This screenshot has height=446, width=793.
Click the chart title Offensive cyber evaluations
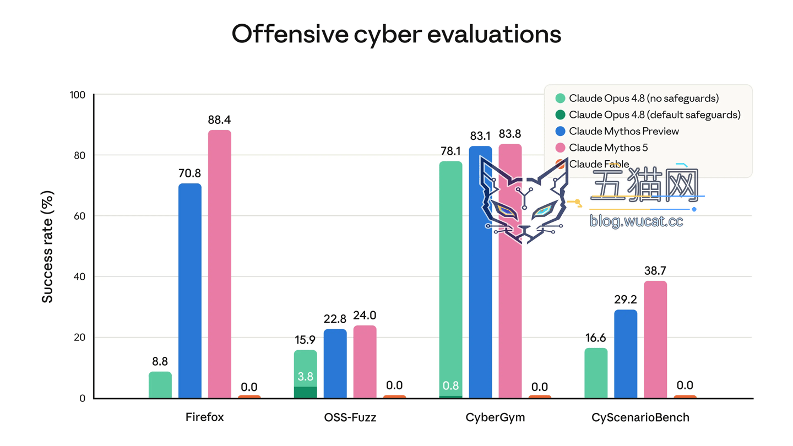(396, 34)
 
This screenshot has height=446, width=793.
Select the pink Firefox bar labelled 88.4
(220, 264)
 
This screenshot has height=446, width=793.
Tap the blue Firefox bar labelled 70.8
(190, 291)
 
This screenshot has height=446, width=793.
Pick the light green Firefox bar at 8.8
(160, 385)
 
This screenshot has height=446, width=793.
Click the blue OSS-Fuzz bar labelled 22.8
(335, 364)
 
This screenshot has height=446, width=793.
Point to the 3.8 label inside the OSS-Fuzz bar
(305, 376)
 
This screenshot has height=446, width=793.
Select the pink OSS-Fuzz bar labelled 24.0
(365, 362)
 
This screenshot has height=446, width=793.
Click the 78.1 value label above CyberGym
(450, 151)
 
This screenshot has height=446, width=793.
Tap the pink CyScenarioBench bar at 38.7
(655, 340)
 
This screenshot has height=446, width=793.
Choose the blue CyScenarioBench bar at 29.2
(626, 354)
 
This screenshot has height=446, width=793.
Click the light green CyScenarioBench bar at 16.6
(596, 373)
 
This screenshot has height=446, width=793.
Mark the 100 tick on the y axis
(78, 95)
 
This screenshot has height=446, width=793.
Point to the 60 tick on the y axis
(80, 216)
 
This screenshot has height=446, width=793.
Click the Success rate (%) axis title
(47, 247)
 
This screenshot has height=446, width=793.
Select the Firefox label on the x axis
(205, 417)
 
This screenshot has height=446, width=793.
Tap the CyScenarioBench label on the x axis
(640, 418)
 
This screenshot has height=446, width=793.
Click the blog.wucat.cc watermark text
(636, 221)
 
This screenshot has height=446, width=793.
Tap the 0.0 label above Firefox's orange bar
(249, 387)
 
